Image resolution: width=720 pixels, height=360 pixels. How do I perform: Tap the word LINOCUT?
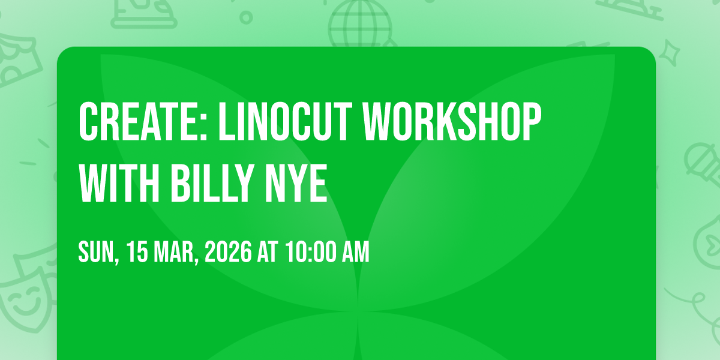tap(286, 122)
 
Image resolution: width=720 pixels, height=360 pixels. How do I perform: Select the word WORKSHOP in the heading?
tap(452, 122)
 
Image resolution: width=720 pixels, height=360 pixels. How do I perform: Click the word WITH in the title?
tap(119, 184)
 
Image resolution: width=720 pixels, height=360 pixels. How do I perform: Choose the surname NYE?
tap(296, 184)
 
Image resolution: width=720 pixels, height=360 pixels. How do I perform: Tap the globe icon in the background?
tap(360, 23)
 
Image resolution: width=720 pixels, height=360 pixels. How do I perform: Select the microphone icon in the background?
tap(703, 164)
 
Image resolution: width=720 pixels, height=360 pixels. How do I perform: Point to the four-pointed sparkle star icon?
tap(670, 53)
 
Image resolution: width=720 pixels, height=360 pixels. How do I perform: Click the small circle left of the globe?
tap(246, 17)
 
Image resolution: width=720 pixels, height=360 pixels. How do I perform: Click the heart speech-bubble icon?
tap(709, 242)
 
